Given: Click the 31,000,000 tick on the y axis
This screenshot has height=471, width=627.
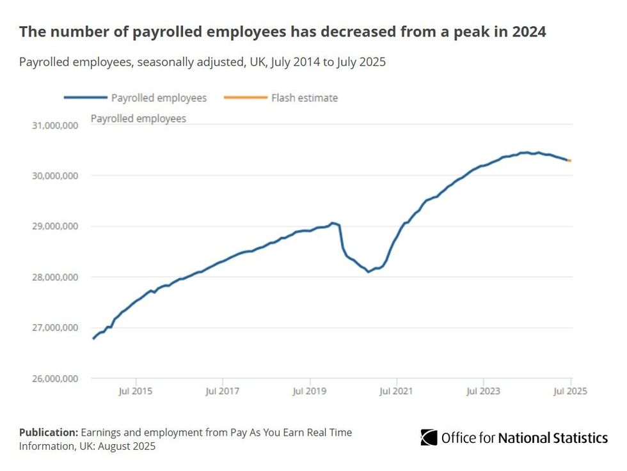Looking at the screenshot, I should coord(55,125).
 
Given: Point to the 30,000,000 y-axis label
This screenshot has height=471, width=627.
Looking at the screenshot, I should coord(55,176).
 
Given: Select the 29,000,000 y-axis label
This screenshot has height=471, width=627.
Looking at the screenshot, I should coord(55,226).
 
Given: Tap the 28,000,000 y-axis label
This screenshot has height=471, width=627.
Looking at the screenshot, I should coord(55,277).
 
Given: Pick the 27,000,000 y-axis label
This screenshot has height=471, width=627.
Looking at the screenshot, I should coord(55,328).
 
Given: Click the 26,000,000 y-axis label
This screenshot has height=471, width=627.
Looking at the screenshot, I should coord(55,378).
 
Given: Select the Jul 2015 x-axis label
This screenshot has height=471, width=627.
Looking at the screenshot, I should coord(136,390).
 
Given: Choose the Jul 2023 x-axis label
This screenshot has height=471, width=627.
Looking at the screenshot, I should coord(484,390).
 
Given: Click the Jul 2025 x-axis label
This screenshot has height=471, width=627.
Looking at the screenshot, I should coord(570,390).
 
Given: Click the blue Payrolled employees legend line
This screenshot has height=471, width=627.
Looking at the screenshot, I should coord(85,98).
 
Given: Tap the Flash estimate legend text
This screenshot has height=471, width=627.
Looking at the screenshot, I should coord(305,98).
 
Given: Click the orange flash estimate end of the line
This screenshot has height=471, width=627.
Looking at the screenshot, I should coord(569,160).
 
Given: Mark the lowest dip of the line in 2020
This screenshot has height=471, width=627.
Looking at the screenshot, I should coord(369,272).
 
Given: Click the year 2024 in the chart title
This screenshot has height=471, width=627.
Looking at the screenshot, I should coord(527,31).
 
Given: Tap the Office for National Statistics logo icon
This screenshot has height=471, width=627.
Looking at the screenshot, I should coord(429,438).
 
